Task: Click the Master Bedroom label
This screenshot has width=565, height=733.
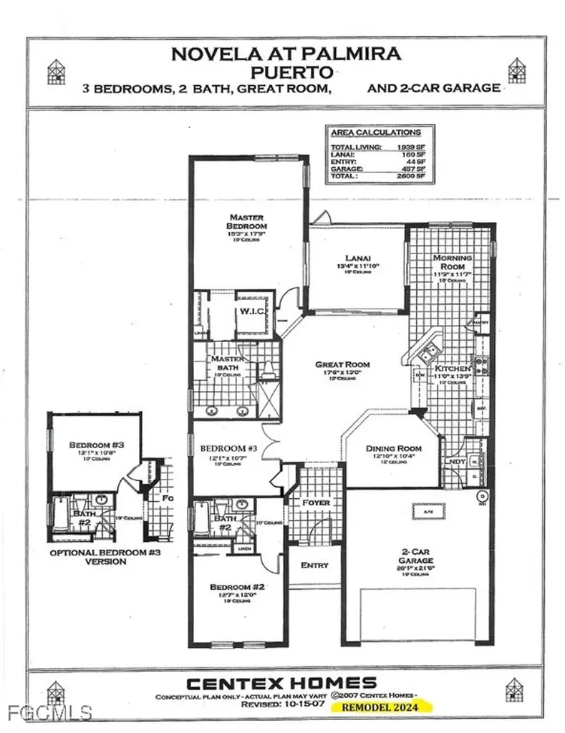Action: (247, 222)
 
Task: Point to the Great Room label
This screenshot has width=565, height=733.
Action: (343, 364)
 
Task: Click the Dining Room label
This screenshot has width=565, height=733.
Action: (390, 449)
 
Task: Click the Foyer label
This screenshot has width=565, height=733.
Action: (316, 503)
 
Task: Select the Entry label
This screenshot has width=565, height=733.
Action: (314, 565)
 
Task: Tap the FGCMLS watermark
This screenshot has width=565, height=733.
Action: (47, 712)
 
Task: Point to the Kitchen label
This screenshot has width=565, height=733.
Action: (452, 369)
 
